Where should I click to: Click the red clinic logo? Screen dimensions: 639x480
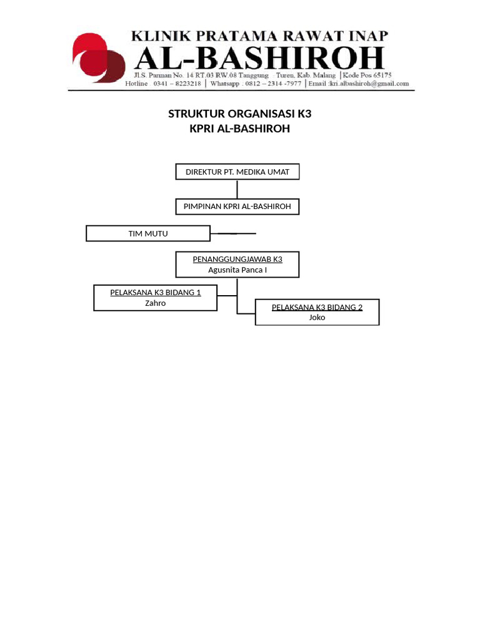[99, 58]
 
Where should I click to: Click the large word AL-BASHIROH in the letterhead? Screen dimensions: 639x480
[260, 59]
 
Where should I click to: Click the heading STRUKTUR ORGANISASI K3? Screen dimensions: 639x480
[239, 114]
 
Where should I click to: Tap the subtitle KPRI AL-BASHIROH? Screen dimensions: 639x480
[239, 129]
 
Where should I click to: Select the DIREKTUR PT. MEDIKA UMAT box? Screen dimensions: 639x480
[237, 172]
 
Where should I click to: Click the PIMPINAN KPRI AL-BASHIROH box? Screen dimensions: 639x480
[237, 206]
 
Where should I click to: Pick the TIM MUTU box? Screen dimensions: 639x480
[148, 233]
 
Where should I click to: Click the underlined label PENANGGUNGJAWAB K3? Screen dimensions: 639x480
[237, 259]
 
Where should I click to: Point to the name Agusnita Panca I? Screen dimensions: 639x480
[237, 270]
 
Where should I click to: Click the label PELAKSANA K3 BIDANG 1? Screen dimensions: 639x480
[156, 292]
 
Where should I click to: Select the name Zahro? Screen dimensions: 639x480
[156, 303]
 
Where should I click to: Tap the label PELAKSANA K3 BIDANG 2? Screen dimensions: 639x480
[317, 307]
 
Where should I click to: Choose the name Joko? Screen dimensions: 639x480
[317, 318]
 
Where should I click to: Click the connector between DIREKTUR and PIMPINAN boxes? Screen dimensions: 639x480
[237, 189]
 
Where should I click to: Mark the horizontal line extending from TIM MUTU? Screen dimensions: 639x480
[233, 233]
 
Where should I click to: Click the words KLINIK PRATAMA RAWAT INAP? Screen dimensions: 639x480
[259, 36]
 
